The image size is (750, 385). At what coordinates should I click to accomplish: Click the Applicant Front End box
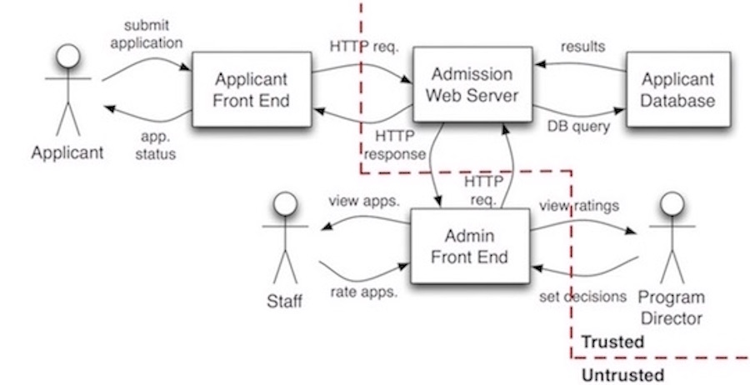(x=252, y=89)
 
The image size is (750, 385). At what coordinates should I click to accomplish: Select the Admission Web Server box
(x=472, y=84)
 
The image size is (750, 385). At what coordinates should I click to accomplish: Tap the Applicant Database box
(x=678, y=89)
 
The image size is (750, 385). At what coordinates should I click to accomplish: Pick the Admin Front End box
(x=470, y=247)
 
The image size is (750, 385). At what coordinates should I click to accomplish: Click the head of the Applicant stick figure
(x=68, y=57)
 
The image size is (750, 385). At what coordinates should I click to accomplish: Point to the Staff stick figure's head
(x=285, y=204)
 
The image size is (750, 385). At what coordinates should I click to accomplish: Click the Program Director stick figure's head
(x=672, y=204)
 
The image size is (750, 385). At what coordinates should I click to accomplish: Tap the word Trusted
(x=612, y=342)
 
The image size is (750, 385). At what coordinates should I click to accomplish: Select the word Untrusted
(x=622, y=375)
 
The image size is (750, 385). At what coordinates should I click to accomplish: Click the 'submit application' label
(x=147, y=34)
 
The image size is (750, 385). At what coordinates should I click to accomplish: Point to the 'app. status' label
(x=156, y=145)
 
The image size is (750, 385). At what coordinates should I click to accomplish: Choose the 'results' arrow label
(x=583, y=47)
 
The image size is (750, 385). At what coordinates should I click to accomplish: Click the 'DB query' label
(x=579, y=127)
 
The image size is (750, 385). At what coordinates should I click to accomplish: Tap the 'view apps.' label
(x=363, y=201)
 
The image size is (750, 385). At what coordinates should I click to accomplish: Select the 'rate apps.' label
(x=364, y=292)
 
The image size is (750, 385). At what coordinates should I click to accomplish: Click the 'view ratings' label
(x=579, y=206)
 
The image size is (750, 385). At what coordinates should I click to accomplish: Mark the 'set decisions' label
(x=582, y=297)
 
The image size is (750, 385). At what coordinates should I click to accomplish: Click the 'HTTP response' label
(x=395, y=145)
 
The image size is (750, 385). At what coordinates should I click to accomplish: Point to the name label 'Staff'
(x=285, y=302)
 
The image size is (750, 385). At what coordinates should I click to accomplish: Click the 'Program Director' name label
(x=672, y=307)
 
